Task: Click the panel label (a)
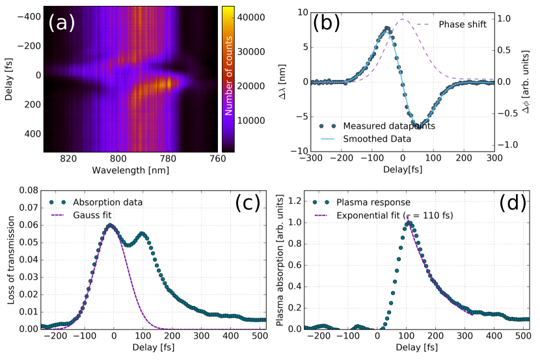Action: pos(62,24)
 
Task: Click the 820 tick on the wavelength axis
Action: pos(68,158)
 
